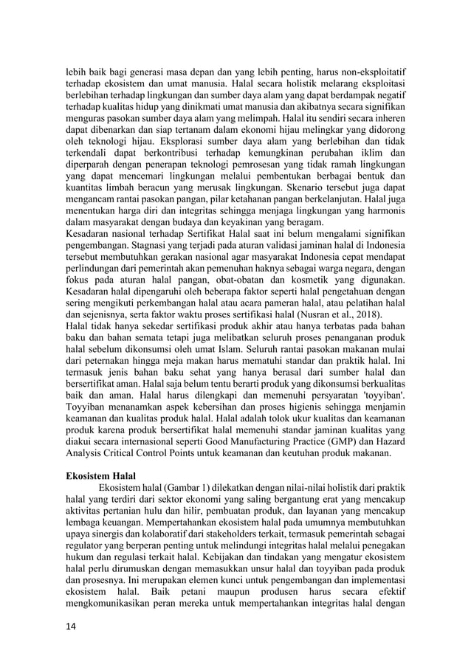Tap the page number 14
coord(72,627)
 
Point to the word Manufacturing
coord(261,441)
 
